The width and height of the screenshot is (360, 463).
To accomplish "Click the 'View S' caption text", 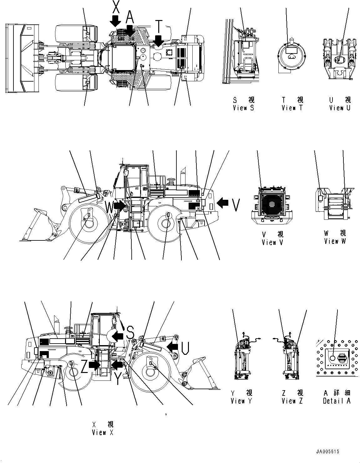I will tap(243, 108).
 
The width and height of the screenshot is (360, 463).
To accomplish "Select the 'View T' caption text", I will tap(292, 108).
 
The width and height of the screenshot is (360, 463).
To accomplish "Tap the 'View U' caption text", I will tap(340, 108).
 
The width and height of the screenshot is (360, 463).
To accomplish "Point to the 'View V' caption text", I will tap(273, 243).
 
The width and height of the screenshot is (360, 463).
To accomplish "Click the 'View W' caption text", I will tap(335, 241).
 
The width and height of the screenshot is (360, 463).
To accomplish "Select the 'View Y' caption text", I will tap(241, 401).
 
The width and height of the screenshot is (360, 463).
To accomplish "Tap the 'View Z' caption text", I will tap(292, 401).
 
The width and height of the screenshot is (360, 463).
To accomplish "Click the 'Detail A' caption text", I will tap(337, 401).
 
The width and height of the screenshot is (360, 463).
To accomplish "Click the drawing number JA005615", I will tap(327, 452).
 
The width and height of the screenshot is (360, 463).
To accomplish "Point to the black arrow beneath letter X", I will tap(115, 21).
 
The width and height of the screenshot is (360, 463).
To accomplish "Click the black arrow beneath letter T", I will tap(159, 41).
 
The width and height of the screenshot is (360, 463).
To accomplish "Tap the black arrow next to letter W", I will tap(120, 205).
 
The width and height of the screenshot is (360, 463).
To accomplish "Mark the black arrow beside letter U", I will tap(172, 346).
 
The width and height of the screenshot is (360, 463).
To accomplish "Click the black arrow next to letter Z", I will tap(94, 365).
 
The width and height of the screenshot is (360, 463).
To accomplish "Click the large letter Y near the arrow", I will tap(117, 379).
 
